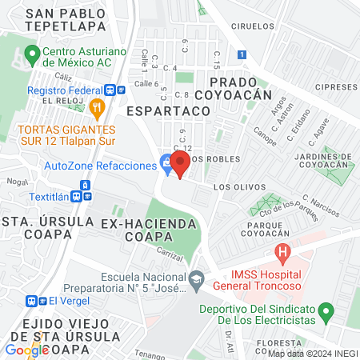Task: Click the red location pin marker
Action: click(180, 164)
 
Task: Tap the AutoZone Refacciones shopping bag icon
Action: click(166, 165)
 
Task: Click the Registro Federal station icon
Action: click(115, 90)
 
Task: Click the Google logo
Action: click(27, 350)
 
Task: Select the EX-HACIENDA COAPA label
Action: click(143, 230)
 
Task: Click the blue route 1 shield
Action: click(242, 54)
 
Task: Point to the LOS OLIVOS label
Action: click(238, 186)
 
